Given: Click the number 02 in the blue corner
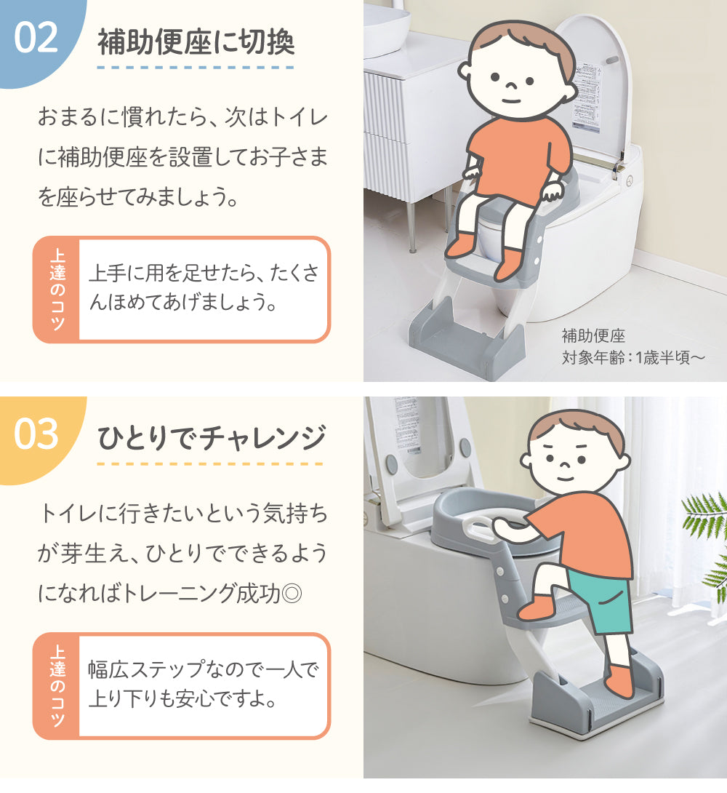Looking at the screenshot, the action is pyautogui.click(x=36, y=37).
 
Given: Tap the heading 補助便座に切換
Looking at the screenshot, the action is pyautogui.click(x=196, y=41).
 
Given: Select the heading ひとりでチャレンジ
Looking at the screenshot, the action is pyautogui.click(x=211, y=438).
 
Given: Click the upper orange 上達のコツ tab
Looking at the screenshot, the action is pyautogui.click(x=57, y=290).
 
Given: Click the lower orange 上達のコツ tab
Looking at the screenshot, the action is pyautogui.click(x=57, y=686).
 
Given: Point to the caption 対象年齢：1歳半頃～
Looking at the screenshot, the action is pyautogui.click(x=633, y=357).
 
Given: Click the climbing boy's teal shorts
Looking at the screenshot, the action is pyautogui.click(x=601, y=599).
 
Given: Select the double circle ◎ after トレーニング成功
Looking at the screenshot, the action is pyautogui.click(x=292, y=593).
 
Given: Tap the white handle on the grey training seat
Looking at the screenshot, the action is pyautogui.click(x=479, y=527).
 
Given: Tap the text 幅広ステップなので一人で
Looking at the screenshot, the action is pyautogui.click(x=204, y=669).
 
